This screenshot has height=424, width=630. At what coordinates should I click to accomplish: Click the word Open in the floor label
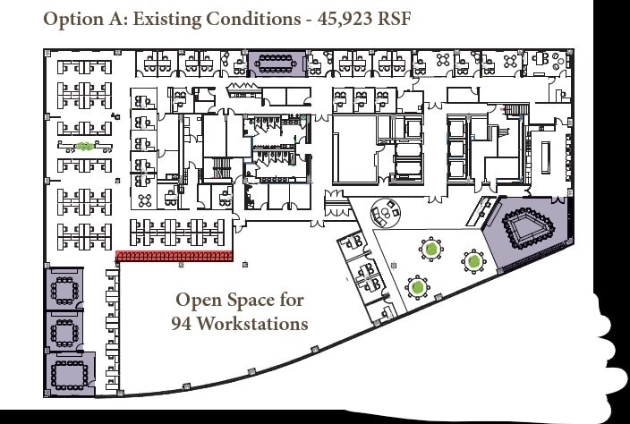(x=197, y=301)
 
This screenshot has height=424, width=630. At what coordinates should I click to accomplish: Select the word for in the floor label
(x=293, y=301)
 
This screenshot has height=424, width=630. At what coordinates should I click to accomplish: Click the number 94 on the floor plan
(x=183, y=323)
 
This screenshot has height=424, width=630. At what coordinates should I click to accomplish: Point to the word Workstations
(x=252, y=323)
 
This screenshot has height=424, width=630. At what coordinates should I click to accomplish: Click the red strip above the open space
(x=175, y=257)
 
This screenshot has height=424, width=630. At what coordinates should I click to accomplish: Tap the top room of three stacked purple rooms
(x=64, y=289)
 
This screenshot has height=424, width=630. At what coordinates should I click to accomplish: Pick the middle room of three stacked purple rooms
(x=64, y=331)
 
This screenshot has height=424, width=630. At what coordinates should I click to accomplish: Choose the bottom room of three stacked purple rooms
(x=67, y=374)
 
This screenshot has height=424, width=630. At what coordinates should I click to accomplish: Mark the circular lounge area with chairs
(x=387, y=212)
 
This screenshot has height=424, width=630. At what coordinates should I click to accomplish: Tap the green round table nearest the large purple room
(x=473, y=261)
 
